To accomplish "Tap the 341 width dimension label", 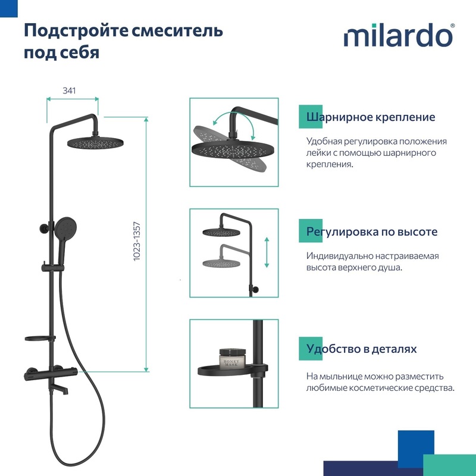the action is pos(69,90).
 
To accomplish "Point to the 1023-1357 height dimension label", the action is pos(137,242).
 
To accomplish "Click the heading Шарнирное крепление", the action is pos(370,117).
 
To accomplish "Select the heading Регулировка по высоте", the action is pos(371,231).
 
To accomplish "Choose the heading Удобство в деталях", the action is pos(361,349).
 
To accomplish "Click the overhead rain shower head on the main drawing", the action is pos(95,142).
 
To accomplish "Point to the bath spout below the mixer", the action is pos(62,389).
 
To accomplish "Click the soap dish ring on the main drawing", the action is pos(40,339).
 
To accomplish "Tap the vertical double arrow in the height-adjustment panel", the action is pos(267,252).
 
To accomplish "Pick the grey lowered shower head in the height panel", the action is pos(221,263).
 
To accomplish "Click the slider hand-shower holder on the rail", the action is pos(53,267).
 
